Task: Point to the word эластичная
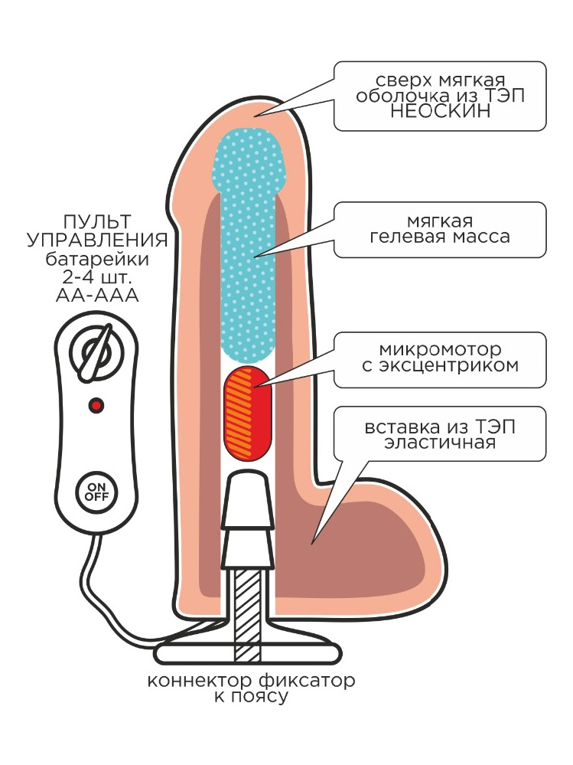tap(440, 442)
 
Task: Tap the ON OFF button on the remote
tap(96, 490)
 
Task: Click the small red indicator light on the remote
tap(96, 404)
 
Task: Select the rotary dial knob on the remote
tap(96, 355)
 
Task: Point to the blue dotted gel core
tap(249, 245)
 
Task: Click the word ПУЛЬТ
tap(97, 221)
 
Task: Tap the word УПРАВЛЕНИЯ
tap(97, 240)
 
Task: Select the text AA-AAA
tap(97, 295)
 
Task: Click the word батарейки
tap(97, 258)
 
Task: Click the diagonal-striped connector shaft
tap(246, 613)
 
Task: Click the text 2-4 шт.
tap(97, 276)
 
